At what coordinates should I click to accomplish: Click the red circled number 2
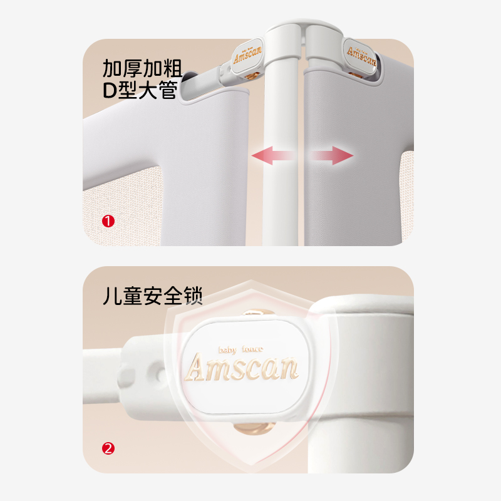point(108,448)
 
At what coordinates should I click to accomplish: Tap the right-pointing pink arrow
point(332,155)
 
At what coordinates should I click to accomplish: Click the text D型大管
point(141,91)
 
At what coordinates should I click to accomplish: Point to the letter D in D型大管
point(110,92)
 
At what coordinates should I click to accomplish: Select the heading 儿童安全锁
point(153,296)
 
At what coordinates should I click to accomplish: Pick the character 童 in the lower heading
point(133,296)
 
